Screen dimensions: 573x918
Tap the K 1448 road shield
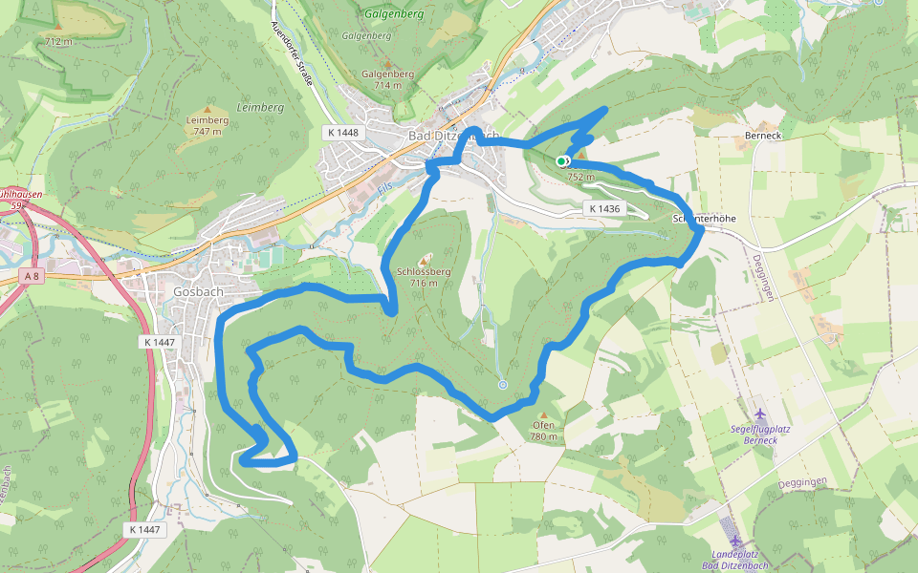click(x=340, y=132)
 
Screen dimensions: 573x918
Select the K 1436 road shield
click(x=604, y=208)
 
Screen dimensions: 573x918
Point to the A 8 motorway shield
click(x=33, y=276)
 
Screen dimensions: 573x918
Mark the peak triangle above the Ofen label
click(x=543, y=414)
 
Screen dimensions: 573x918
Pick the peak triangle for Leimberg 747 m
click(x=208, y=109)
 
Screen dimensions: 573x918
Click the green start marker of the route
click(x=562, y=160)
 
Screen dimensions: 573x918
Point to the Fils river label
click(x=385, y=190)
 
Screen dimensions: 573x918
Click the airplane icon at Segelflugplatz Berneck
click(x=760, y=414)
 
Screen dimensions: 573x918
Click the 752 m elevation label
click(x=580, y=177)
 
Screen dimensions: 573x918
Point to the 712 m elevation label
click(x=58, y=42)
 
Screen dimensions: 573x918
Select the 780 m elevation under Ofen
click(x=543, y=437)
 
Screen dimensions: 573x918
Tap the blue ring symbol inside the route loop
click(x=503, y=385)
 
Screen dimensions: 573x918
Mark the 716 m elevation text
click(x=424, y=284)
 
